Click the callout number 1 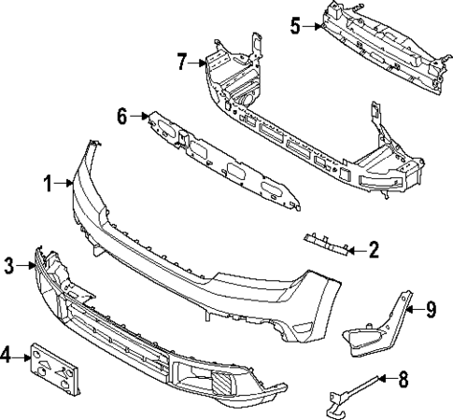click(48, 184)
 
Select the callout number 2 click(373, 249)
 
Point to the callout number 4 click(7, 356)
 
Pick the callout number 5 click(295, 26)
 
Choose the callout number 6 click(122, 117)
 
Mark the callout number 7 click(182, 63)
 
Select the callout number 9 click(431, 309)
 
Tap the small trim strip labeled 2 click(327, 244)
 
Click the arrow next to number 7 click(200, 63)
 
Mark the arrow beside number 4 click(24, 356)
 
